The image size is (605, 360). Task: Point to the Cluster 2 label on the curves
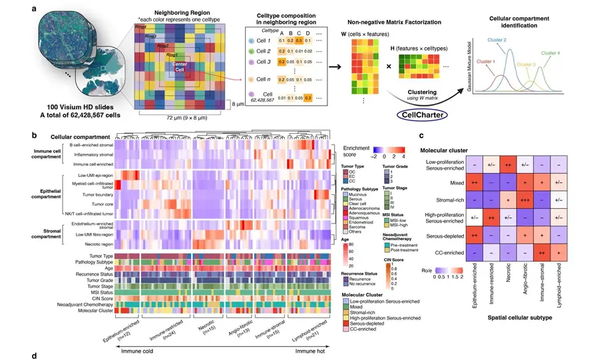(x=516, y=40)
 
